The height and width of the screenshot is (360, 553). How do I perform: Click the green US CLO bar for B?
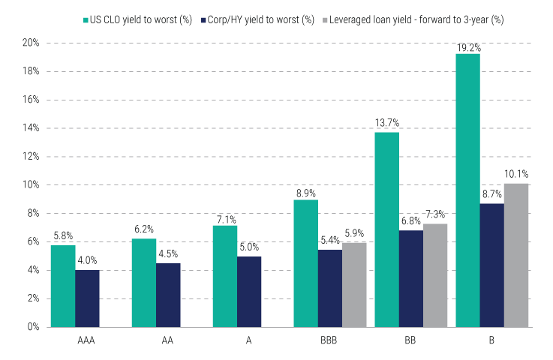point(467,190)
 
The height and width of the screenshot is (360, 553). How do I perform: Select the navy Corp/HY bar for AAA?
point(87,298)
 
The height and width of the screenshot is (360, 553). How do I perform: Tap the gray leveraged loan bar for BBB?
point(354,284)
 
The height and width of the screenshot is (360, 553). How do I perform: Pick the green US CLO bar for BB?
point(386,229)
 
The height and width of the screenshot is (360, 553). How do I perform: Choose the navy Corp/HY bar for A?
point(249,292)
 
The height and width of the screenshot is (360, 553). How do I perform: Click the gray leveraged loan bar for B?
point(516,255)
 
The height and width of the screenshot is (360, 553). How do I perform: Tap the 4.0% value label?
point(87,261)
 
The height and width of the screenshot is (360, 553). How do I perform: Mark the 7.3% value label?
point(435,215)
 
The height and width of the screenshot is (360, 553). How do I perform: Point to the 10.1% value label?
point(516,175)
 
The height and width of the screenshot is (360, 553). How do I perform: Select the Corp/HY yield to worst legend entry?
point(257,18)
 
